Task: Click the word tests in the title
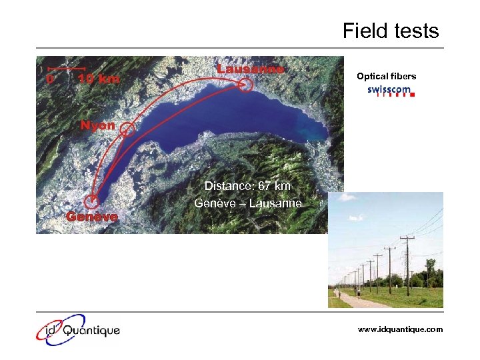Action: tap(416, 31)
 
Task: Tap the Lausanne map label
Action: tap(251, 69)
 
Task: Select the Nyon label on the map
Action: tap(98, 125)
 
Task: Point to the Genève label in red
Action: tap(91, 217)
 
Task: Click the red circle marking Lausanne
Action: tap(246, 85)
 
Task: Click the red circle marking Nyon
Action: tap(127, 129)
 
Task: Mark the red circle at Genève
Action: tap(93, 200)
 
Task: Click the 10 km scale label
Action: tap(99, 79)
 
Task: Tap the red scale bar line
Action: tap(65, 68)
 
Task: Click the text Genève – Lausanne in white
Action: tap(248, 203)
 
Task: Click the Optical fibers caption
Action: tap(386, 77)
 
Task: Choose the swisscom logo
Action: tap(391, 91)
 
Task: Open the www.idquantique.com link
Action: tap(400, 329)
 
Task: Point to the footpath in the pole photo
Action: tap(363, 301)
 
